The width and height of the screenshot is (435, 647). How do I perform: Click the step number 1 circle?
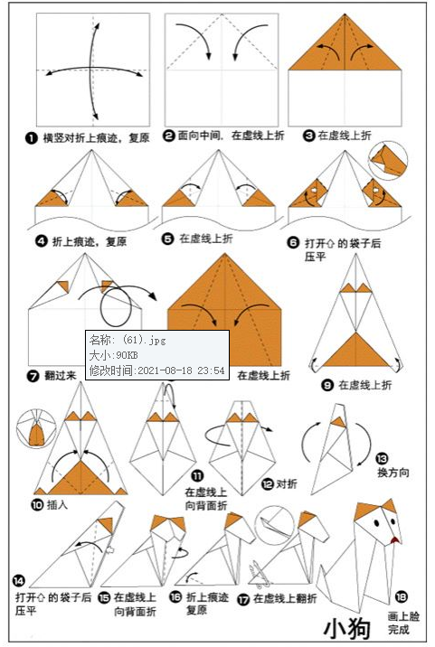pos(32,138)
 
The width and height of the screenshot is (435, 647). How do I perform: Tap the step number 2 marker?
pos(169,136)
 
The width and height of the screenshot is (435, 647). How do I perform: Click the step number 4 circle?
pos(41,241)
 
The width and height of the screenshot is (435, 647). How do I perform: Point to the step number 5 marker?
pos(169,239)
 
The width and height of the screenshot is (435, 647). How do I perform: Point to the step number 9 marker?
pos(328,384)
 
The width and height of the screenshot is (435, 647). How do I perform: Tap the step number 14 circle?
pos(20,581)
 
